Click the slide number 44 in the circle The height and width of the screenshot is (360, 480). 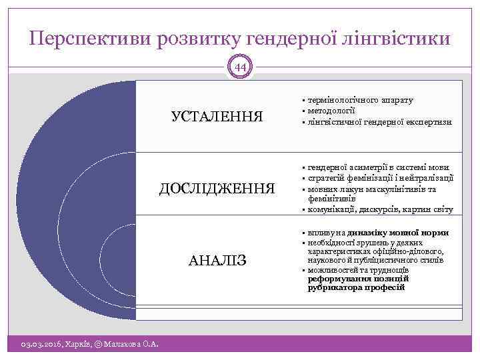click(239, 67)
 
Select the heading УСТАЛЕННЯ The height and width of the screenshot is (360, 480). click(217, 117)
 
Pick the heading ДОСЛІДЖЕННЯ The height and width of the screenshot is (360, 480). click(217, 188)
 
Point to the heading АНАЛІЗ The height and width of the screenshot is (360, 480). click(217, 259)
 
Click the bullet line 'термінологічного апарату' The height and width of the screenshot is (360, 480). click(360, 100)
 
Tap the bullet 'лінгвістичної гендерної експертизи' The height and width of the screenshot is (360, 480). click(379, 122)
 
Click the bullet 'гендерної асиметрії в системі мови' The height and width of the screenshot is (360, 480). click(378, 167)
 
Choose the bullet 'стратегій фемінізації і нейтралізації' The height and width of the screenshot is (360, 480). click(381, 178)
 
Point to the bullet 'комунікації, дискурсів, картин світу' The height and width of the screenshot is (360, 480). click(380, 209)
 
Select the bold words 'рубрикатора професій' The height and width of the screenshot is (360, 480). click(356, 287)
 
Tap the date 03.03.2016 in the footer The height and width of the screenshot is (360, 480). click(39, 344)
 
